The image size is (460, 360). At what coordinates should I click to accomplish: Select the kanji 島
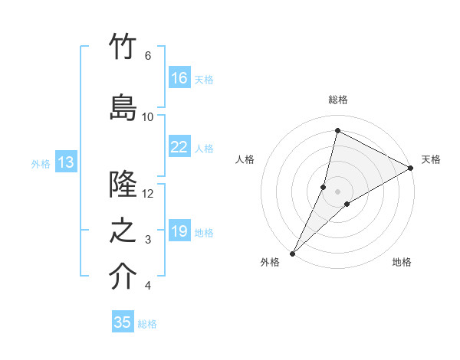click(x=123, y=106)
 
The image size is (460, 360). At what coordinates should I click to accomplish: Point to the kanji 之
click(x=123, y=231)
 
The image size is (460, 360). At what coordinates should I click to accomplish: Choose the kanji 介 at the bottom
click(x=123, y=277)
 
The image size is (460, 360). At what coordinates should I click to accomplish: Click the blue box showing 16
click(x=179, y=78)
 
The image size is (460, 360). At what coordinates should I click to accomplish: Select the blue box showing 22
click(x=179, y=147)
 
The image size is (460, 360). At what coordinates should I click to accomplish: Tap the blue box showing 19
click(x=179, y=231)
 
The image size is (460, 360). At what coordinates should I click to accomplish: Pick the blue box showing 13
click(x=66, y=162)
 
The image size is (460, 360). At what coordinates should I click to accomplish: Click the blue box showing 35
click(x=123, y=322)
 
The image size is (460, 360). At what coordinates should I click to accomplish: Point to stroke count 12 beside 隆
click(x=148, y=194)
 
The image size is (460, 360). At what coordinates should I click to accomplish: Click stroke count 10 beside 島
click(x=148, y=117)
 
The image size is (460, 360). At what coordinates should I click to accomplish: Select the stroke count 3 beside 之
click(x=148, y=241)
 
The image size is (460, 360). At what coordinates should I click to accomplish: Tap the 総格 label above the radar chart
click(x=338, y=100)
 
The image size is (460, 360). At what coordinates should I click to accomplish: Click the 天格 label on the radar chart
click(x=431, y=159)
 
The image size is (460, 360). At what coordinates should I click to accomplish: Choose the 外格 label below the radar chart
click(x=270, y=262)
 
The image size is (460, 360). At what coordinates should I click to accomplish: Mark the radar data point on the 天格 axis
click(x=411, y=168)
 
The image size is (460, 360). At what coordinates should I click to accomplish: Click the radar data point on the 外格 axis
click(x=292, y=253)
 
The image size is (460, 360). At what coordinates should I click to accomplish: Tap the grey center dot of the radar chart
click(x=337, y=191)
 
